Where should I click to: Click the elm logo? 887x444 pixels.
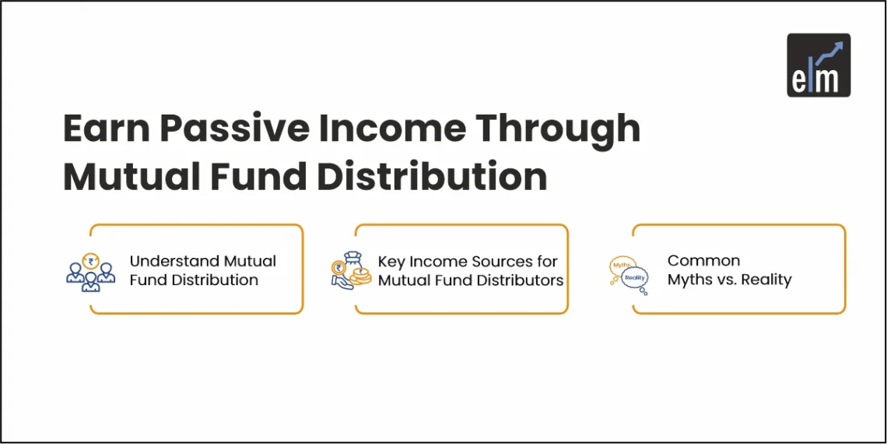point(819,65)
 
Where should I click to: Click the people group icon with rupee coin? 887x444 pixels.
point(90,270)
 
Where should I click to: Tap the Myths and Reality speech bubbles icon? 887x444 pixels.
point(627,273)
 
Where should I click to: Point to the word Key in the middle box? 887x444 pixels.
point(391,261)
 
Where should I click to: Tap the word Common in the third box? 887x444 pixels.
point(703,261)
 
